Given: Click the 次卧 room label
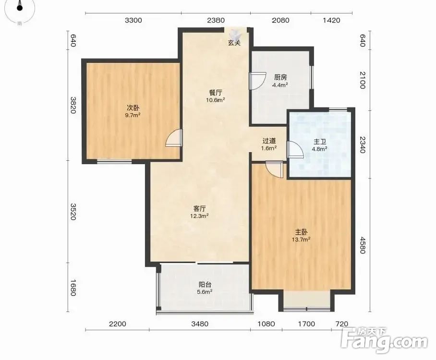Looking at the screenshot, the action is click(133, 108).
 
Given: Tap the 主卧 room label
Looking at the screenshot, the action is click(301, 232).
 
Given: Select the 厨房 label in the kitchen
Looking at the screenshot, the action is click(280, 77).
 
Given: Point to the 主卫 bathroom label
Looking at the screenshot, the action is click(319, 142).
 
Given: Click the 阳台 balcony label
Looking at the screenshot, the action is click(205, 285).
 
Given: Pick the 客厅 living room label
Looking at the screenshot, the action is click(199, 208).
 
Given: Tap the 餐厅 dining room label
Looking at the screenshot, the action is click(216, 93).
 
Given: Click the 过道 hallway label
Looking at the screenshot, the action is click(269, 141).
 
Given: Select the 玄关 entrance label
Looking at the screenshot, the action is click(234, 43).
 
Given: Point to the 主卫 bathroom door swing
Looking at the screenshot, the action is click(295, 149).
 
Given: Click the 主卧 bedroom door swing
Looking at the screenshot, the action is click(274, 169).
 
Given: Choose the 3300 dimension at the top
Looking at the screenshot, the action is click(133, 20).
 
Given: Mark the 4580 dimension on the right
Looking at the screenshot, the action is click(362, 245).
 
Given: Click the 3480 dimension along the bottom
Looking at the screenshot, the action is click(200, 324).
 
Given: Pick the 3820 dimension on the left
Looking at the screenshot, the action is click(73, 105).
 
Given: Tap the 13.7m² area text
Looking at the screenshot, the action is click(301, 239).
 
